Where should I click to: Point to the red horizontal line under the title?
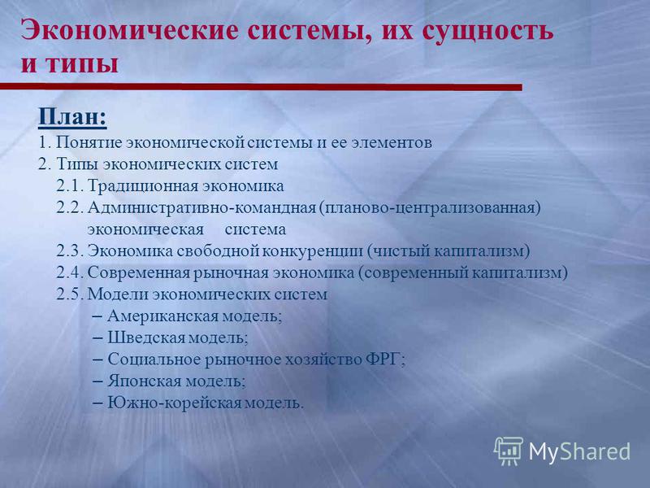coord(261,87)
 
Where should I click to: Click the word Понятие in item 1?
coord(89,142)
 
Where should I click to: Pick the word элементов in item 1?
coord(392,143)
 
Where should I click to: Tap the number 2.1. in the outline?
coord(70,186)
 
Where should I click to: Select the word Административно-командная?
coord(201,207)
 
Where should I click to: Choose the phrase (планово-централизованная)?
coord(430,208)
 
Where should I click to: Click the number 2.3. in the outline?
coord(71,251)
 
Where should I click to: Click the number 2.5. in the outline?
coord(71,294)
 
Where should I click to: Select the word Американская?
coord(163,316)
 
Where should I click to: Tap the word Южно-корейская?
coord(175,403)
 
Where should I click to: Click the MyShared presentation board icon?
coord(509,451)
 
